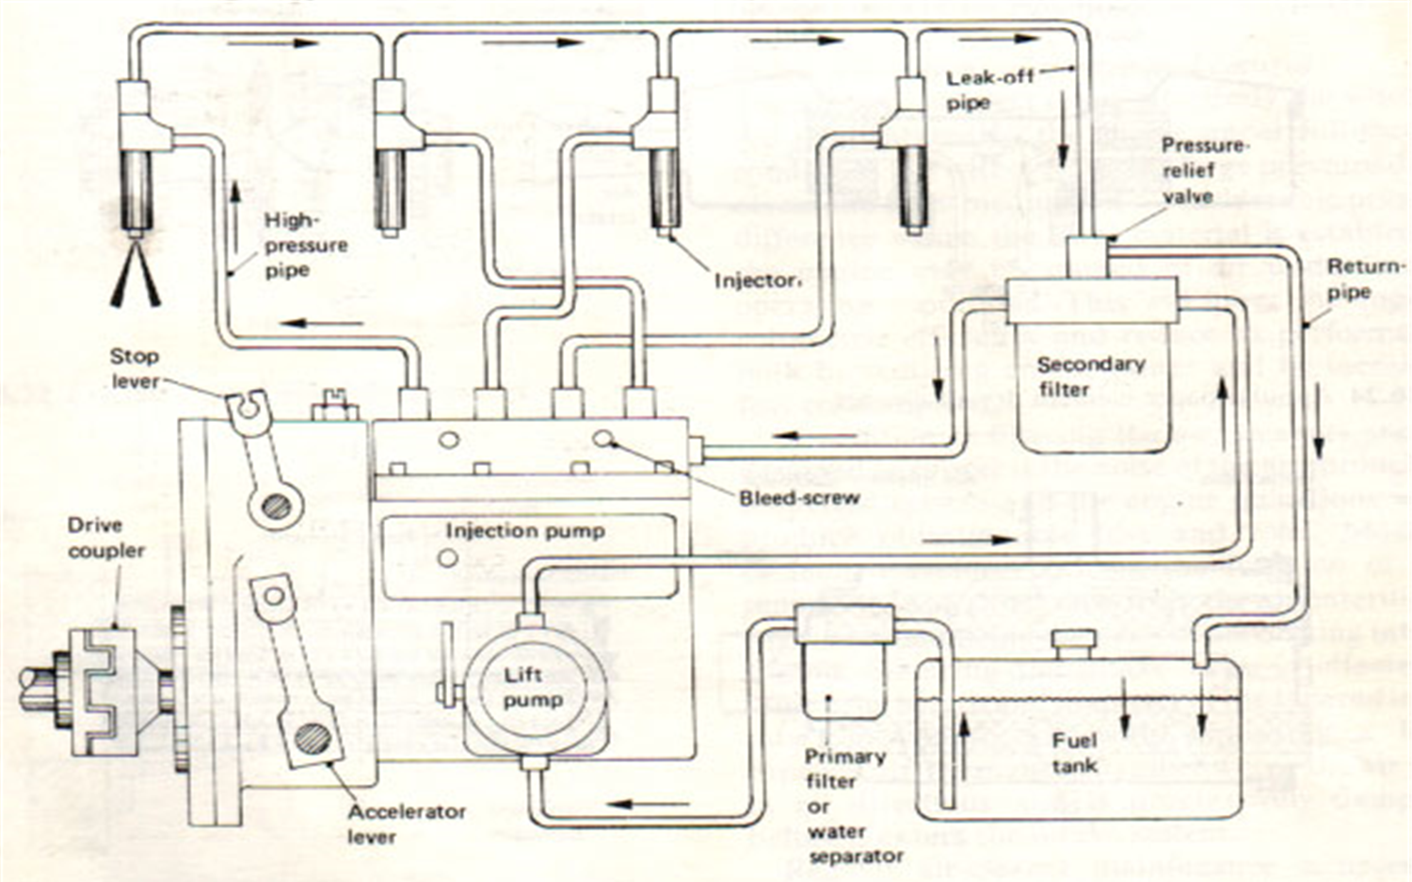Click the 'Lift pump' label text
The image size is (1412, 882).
click(533, 687)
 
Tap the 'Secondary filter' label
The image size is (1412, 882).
click(1090, 376)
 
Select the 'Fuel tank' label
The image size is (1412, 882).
click(1074, 753)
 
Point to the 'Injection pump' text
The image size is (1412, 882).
click(524, 531)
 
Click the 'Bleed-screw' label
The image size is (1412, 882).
click(799, 498)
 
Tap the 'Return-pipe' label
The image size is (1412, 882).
click(1363, 279)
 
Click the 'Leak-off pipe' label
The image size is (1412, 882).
click(987, 90)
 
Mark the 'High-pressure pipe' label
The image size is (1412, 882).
click(305, 245)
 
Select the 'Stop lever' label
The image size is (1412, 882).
click(135, 368)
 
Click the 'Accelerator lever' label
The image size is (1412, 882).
click(406, 824)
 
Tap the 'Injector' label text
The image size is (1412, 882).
click(756, 281)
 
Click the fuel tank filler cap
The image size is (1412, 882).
click(1074, 645)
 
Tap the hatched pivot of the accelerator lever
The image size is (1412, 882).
click(313, 737)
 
